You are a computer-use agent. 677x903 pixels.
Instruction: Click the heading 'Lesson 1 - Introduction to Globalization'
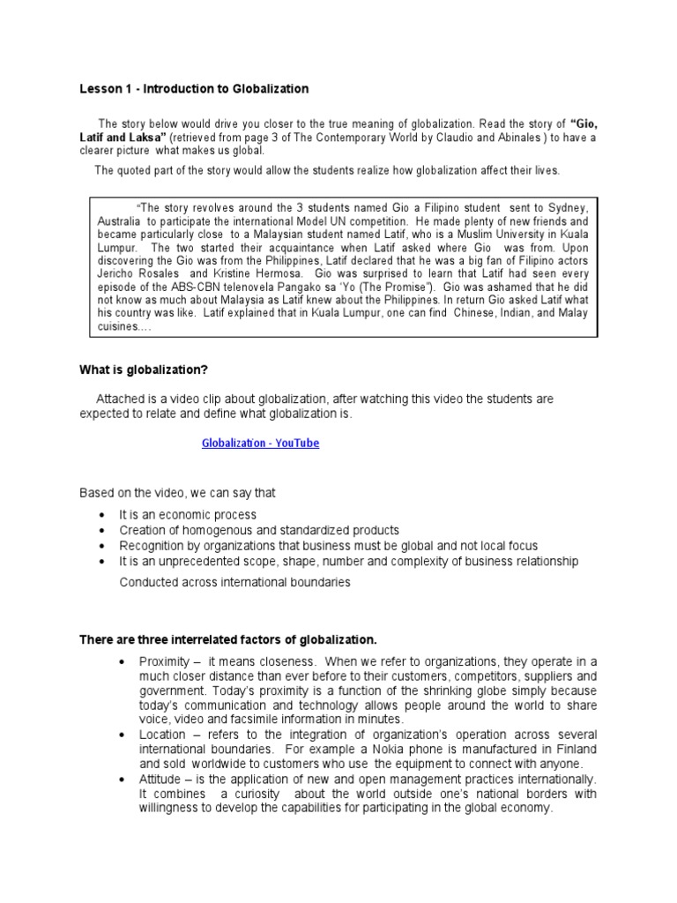click(x=194, y=89)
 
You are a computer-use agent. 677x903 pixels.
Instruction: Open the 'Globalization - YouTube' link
click(x=260, y=444)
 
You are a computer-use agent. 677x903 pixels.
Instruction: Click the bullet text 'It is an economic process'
click(x=189, y=515)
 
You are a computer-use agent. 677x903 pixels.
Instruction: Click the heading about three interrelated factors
click(x=228, y=639)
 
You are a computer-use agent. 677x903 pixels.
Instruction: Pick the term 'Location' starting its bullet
click(x=162, y=735)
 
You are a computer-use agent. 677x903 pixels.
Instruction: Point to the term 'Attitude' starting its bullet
click(x=161, y=780)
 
